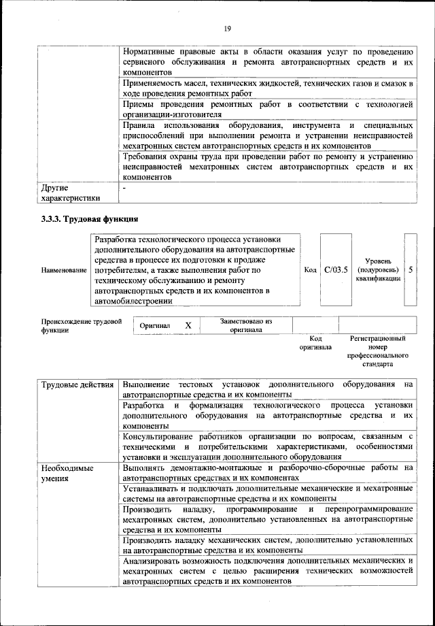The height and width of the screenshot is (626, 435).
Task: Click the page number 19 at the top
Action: pyautogui.click(x=227, y=28)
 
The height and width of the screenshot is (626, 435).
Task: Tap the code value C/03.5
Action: pyautogui.click(x=336, y=270)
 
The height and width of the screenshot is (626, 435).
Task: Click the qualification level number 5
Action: pyautogui.click(x=411, y=270)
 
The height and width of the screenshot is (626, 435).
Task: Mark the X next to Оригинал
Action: pyautogui.click(x=188, y=326)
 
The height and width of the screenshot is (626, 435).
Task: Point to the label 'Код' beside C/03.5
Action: pyautogui.click(x=310, y=270)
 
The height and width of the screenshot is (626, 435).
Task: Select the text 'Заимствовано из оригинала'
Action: pyautogui.click(x=246, y=325)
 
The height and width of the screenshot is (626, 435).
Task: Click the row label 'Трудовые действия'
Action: pyautogui.click(x=77, y=385)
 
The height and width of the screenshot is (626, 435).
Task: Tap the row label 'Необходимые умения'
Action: pyautogui.click(x=67, y=474)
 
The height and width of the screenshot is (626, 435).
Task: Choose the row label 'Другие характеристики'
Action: pyautogui.click(x=71, y=192)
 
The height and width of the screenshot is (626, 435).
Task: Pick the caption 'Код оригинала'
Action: pyautogui.click(x=315, y=342)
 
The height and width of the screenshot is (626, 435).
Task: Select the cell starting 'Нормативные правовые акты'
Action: pyautogui.click(x=268, y=62)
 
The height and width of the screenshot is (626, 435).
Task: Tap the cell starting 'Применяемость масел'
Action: pyautogui.click(x=268, y=88)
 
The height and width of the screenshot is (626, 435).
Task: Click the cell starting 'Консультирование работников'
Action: pyautogui.click(x=268, y=446)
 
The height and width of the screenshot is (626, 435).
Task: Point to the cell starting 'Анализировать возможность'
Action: pyautogui.click(x=268, y=571)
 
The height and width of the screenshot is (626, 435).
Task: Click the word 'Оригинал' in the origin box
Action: pyautogui.click(x=155, y=326)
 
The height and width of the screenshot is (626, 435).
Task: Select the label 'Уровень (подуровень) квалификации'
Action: pyautogui.click(x=377, y=270)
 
